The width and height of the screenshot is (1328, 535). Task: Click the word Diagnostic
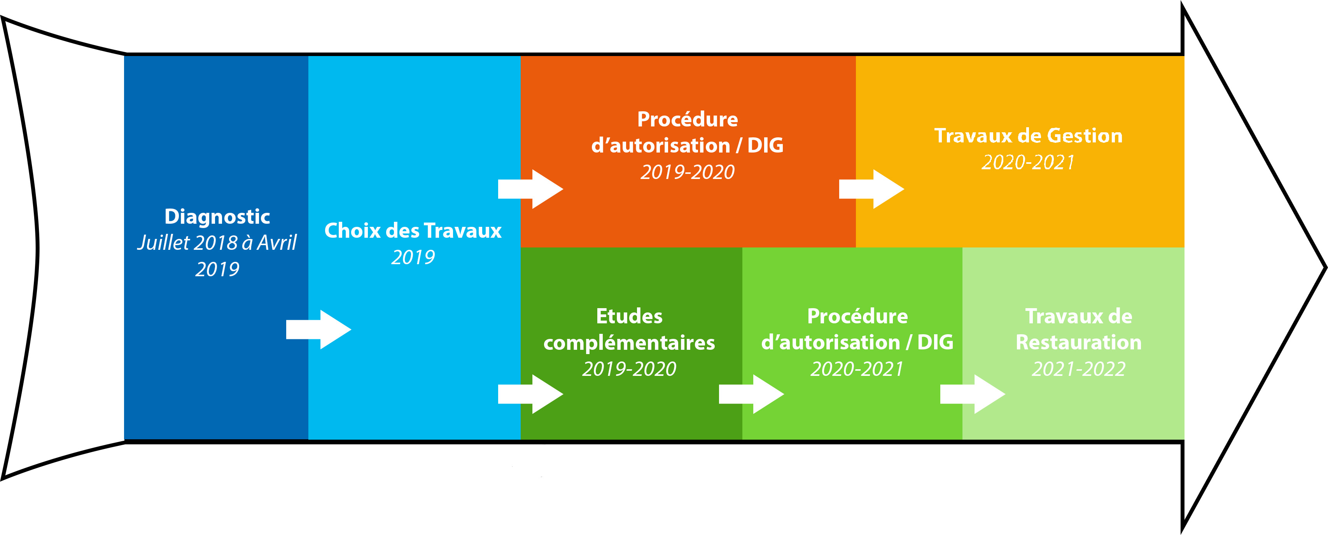[217, 217]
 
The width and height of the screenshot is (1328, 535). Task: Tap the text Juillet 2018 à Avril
[217, 242]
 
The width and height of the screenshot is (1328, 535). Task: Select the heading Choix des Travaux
[413, 231]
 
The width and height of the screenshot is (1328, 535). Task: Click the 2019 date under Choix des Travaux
[413, 257]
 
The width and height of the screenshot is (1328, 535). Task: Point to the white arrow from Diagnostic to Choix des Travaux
[318, 330]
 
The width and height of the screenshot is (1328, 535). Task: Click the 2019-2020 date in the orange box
[688, 172]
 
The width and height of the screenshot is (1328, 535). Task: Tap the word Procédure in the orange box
[688, 119]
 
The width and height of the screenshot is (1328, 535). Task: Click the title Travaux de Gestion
[1029, 136]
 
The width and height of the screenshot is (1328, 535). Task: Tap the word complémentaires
[629, 342]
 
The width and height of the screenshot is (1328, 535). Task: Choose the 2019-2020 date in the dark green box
[629, 369]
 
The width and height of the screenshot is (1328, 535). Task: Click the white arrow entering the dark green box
[530, 394]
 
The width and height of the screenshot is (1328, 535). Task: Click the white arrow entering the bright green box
[752, 394]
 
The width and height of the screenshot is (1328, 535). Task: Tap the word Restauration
[1078, 342]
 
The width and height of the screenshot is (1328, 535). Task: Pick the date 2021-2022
[1078, 369]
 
